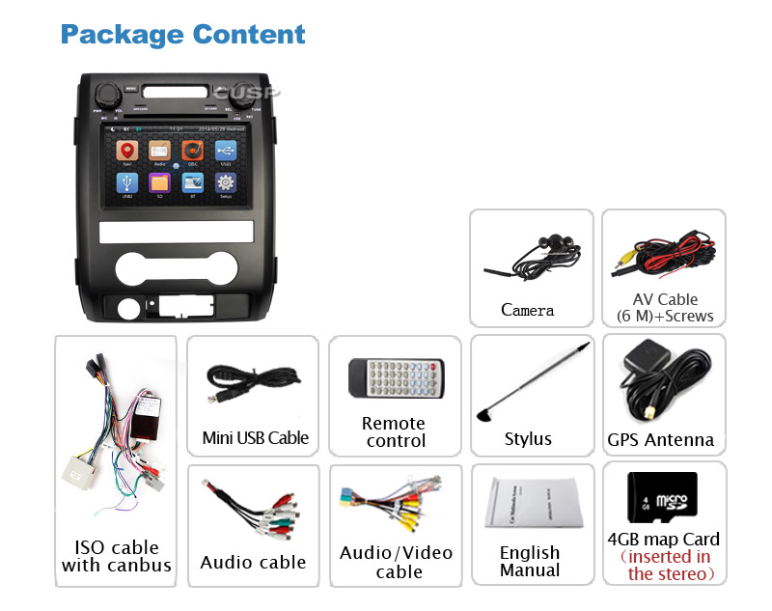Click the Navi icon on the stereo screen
(x=127, y=153)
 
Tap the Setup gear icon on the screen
(x=225, y=183)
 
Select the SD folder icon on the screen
(x=160, y=183)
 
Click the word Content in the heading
(x=249, y=35)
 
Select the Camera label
(x=528, y=310)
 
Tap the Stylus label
(x=528, y=439)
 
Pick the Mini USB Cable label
(x=256, y=438)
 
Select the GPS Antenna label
(x=661, y=440)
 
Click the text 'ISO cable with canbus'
(x=117, y=556)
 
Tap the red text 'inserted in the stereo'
(x=665, y=566)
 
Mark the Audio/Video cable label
(x=396, y=562)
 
